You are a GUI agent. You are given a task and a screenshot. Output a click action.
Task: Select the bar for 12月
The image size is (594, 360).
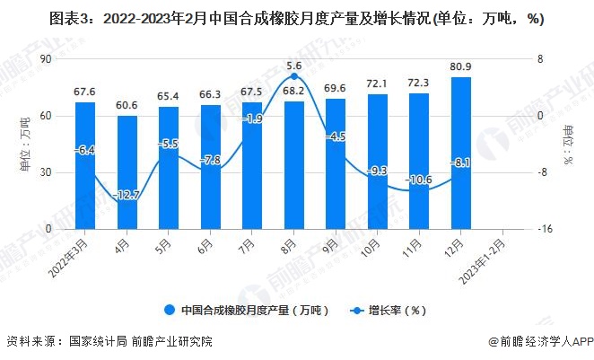point(461,153)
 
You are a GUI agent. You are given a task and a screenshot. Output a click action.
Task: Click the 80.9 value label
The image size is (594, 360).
point(461,67)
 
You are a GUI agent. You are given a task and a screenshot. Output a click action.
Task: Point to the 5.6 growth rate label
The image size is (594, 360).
point(294,66)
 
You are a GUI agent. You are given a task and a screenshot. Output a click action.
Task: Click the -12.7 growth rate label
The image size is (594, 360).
point(127,195)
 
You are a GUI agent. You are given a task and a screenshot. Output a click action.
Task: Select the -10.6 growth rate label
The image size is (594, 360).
point(419,180)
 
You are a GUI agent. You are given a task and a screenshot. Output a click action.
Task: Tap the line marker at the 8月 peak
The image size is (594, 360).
point(294,77)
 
